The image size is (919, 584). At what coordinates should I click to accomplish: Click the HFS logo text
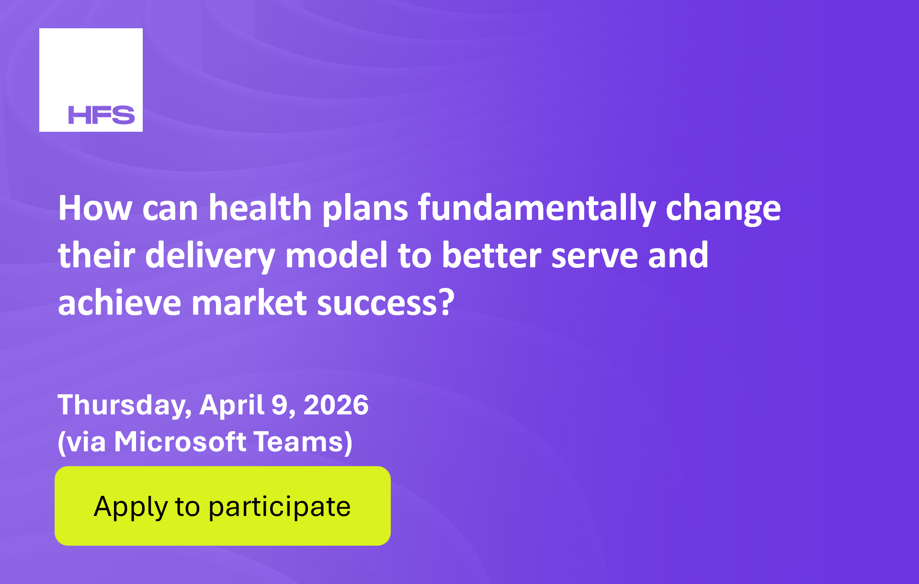click(102, 115)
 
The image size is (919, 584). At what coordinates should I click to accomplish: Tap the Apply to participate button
click(223, 506)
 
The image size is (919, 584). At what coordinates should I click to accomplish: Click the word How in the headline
click(95, 208)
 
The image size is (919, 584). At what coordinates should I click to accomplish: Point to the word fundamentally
click(536, 209)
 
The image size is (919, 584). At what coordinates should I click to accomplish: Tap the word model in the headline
click(336, 255)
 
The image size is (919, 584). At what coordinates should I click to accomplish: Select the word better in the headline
click(491, 255)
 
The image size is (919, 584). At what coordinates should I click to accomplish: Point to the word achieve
click(119, 303)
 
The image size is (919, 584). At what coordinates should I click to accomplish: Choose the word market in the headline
click(249, 303)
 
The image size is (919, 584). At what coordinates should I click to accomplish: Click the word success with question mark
click(386, 304)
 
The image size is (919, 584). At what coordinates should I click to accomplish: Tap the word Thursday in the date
click(125, 405)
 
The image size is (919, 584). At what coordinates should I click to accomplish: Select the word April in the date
click(232, 405)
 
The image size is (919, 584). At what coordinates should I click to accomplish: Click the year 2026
click(336, 405)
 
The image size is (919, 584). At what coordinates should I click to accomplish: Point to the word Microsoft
click(180, 441)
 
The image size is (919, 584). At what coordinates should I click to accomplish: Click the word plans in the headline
click(365, 209)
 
